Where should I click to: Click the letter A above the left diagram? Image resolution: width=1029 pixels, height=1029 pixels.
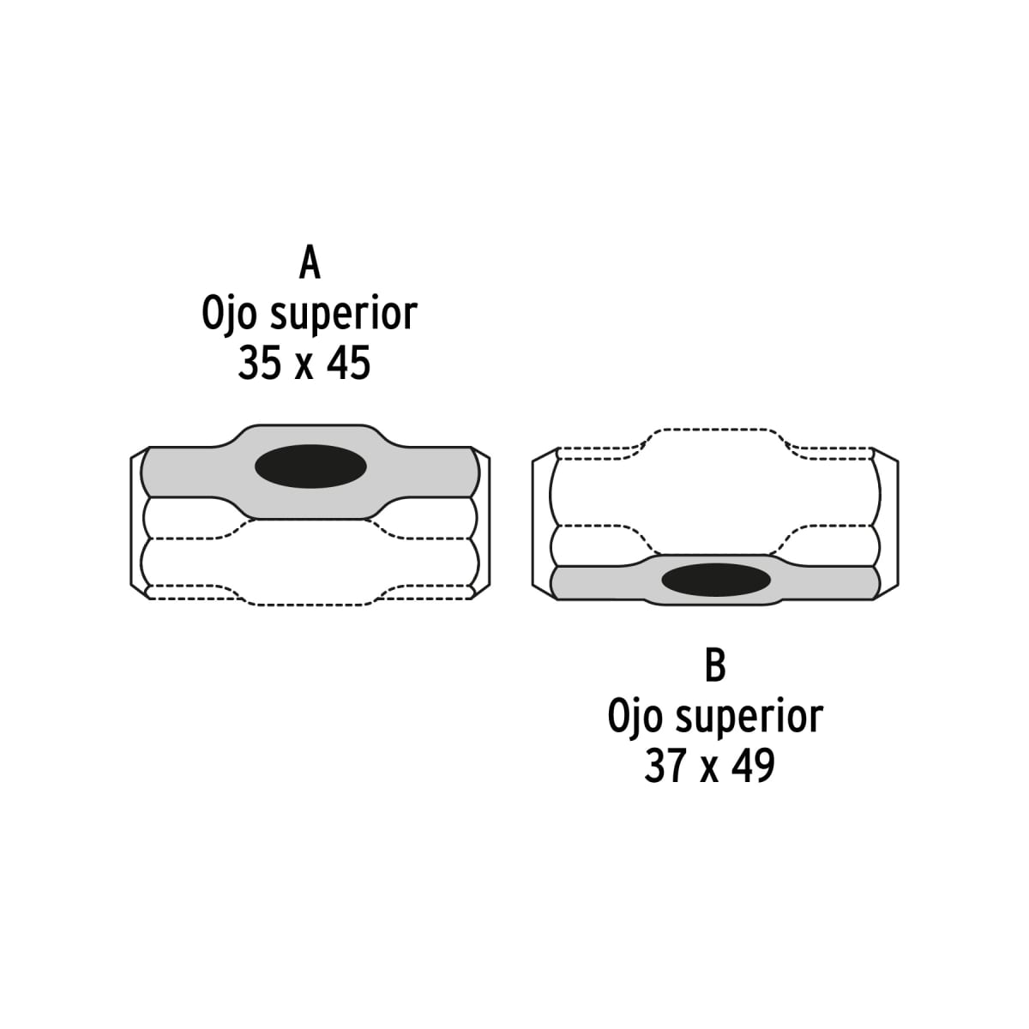pyautogui.click(x=310, y=262)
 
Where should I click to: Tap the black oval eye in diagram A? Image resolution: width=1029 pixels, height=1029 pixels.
pyautogui.click(x=311, y=466)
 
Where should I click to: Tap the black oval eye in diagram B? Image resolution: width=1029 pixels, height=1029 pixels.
pyautogui.click(x=716, y=579)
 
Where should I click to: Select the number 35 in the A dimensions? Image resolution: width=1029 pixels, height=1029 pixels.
pyautogui.click(x=258, y=364)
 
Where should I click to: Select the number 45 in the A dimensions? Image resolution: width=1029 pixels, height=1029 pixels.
pyautogui.click(x=349, y=364)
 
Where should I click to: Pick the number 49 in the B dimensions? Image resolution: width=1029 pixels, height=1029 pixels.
pyautogui.click(x=755, y=766)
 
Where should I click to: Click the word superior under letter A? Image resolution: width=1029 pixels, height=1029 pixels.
pyautogui.click(x=343, y=316)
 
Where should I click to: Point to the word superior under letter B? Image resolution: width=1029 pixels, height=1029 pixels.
pyautogui.click(x=749, y=718)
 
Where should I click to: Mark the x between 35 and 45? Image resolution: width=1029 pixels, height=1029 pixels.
pyautogui.click(x=304, y=367)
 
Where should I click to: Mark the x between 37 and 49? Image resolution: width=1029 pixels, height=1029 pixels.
pyautogui.click(x=709, y=769)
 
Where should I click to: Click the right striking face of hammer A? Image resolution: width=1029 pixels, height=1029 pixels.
pyautogui.click(x=483, y=523)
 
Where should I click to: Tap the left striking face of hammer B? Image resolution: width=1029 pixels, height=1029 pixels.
pyautogui.click(x=540, y=523)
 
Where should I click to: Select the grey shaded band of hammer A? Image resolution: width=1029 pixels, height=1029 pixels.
pyautogui.click(x=189, y=471)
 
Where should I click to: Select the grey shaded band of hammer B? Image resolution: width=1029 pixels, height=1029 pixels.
pyautogui.click(x=600, y=582)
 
